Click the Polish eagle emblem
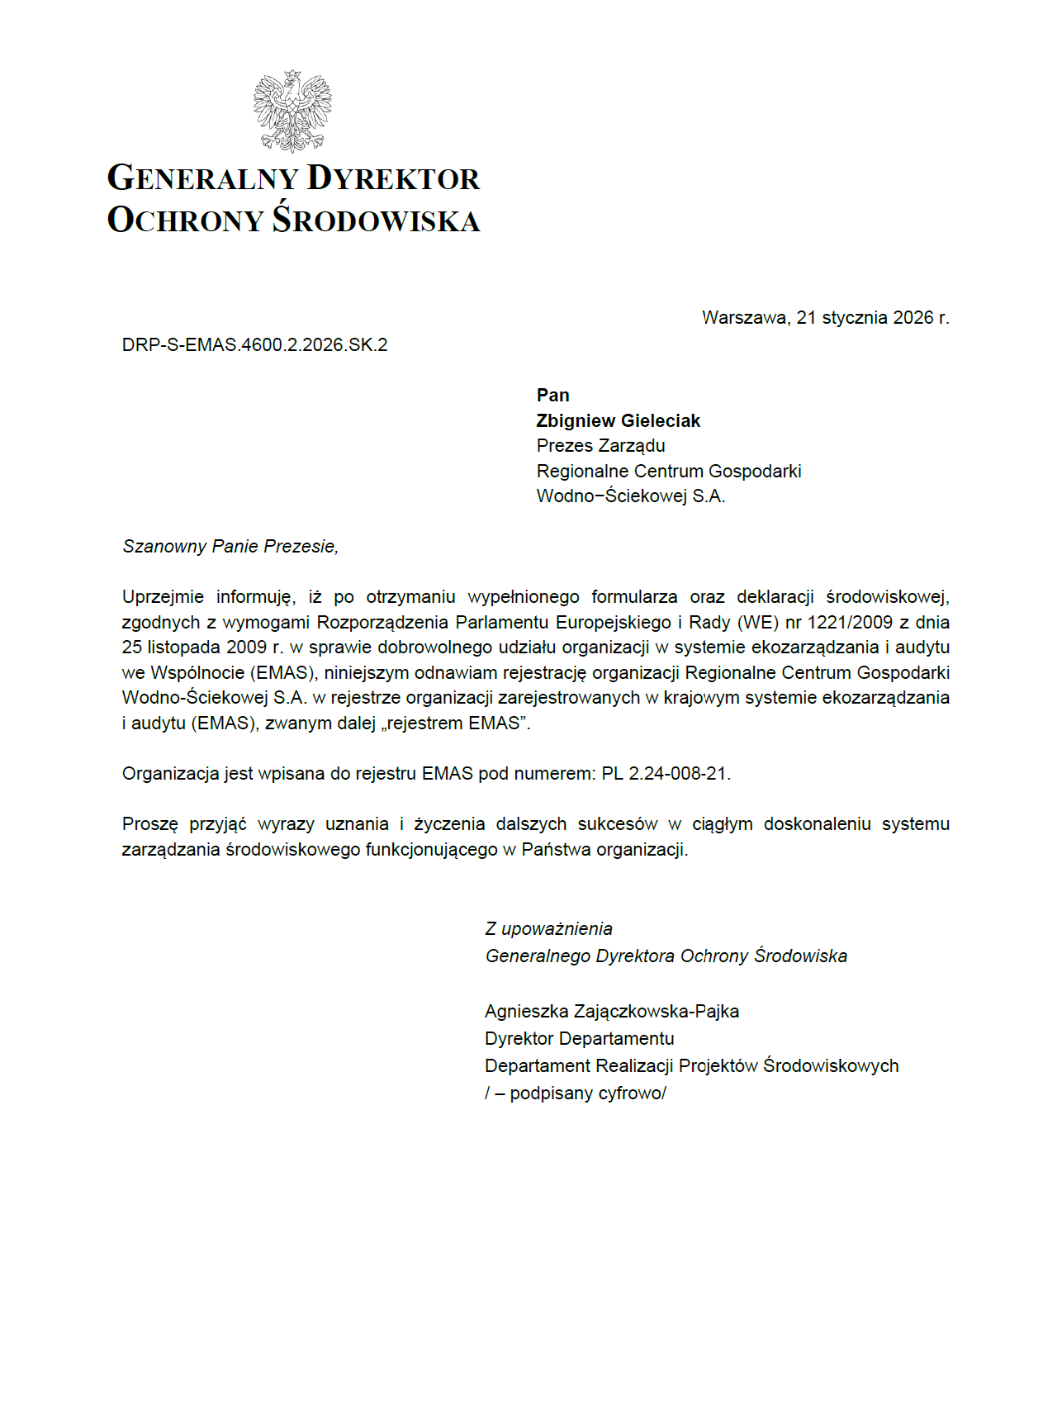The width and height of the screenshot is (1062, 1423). tap(292, 111)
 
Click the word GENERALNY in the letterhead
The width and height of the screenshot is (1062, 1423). tap(202, 178)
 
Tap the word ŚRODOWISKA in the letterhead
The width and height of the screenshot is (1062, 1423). tap(377, 220)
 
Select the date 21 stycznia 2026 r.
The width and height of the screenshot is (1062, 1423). tap(872, 318)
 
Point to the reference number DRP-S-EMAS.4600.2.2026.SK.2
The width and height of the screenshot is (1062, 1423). tap(254, 345)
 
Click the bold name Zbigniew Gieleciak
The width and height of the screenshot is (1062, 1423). tap(618, 421)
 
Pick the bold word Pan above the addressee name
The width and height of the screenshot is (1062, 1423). tap(552, 396)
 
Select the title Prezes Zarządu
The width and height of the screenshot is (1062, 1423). tap(600, 446)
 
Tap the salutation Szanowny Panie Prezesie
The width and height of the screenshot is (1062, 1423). tap(230, 547)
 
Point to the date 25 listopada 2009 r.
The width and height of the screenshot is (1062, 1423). tap(202, 647)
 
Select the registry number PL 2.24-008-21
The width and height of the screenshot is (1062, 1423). tap(664, 774)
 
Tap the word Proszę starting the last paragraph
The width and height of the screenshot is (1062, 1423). tap(149, 824)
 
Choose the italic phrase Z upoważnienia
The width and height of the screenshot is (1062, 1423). tap(548, 929)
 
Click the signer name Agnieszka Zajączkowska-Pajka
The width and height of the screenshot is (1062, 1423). tap(611, 1012)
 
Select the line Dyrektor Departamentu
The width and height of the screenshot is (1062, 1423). tap(579, 1039)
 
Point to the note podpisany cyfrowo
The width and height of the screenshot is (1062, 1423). tap(587, 1093)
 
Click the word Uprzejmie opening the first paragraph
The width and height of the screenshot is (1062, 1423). tap(163, 597)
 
